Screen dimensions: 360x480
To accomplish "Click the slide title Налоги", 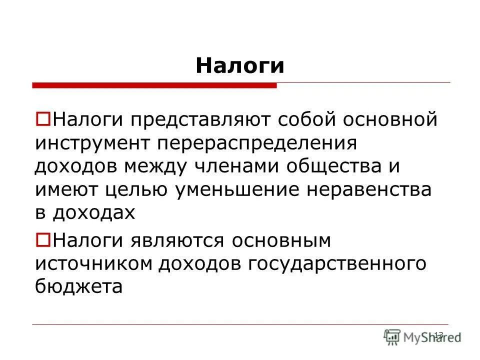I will click(239, 66).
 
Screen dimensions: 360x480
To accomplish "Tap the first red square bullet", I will click(43, 119).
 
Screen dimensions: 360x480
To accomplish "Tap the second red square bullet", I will click(43, 240).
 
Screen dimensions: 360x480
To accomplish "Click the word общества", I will click(331, 167).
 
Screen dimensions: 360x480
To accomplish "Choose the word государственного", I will click(336, 264).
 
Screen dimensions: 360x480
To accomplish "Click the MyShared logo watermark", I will click(422, 337).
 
